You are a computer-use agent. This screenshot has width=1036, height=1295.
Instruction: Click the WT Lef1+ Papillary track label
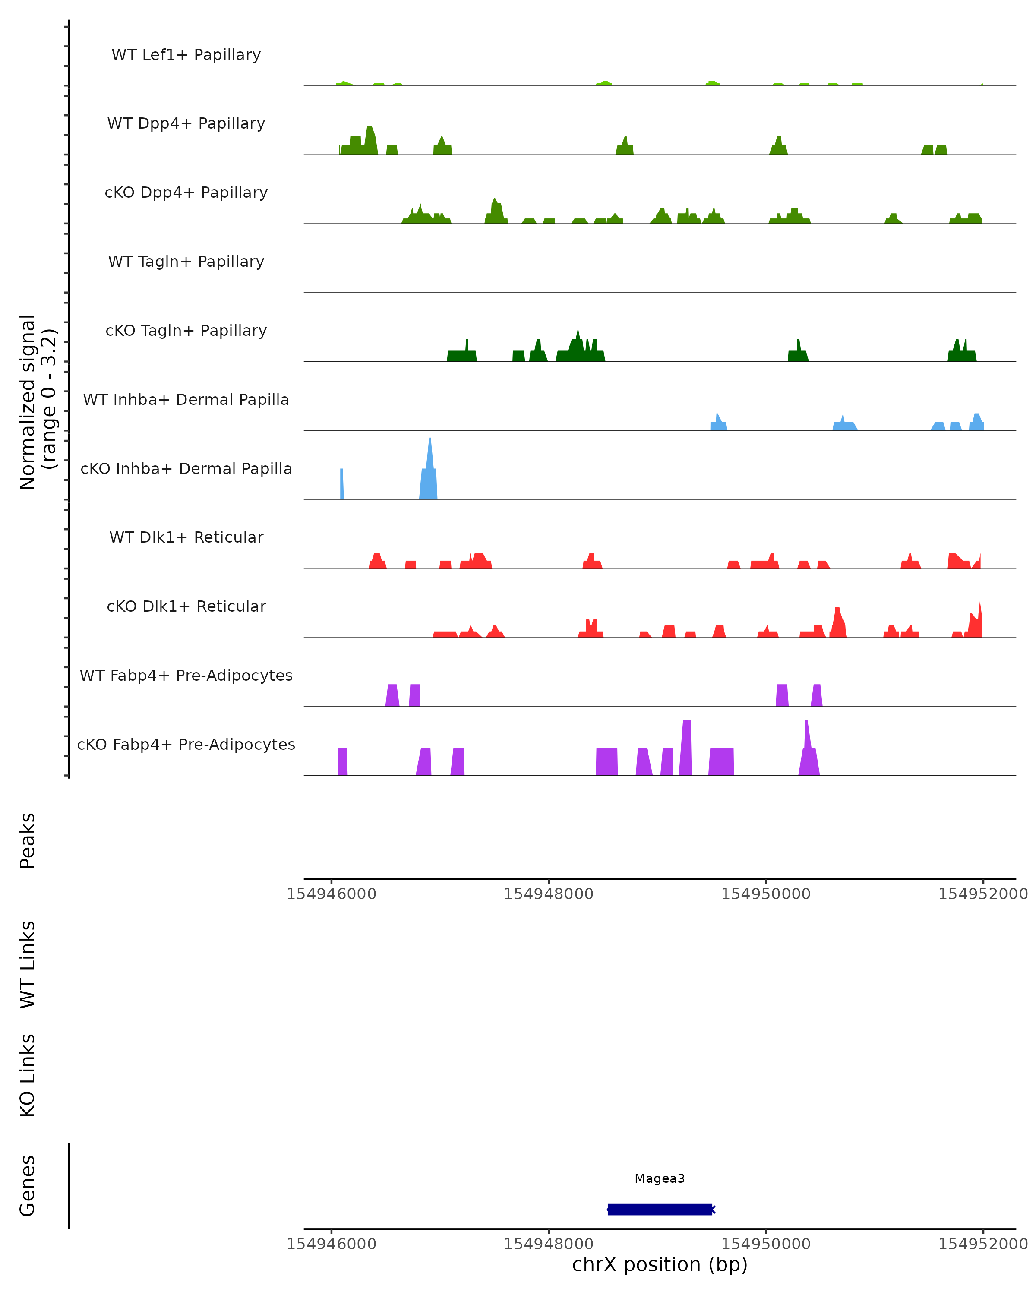click(x=186, y=55)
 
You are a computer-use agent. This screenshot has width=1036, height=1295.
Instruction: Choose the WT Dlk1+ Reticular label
click(x=186, y=537)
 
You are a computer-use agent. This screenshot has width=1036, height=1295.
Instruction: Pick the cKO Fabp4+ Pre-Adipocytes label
click(x=186, y=744)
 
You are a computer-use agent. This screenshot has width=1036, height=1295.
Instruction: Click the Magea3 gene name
click(x=660, y=1178)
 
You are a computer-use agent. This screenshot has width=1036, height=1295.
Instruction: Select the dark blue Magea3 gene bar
click(x=660, y=1209)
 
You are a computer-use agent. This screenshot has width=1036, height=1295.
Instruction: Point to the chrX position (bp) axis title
click(x=660, y=1264)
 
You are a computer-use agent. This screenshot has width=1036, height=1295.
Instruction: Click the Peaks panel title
click(x=28, y=840)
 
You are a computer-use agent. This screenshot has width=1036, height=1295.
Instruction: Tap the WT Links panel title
click(x=28, y=964)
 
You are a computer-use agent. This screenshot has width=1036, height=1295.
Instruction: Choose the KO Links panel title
click(x=28, y=1075)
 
